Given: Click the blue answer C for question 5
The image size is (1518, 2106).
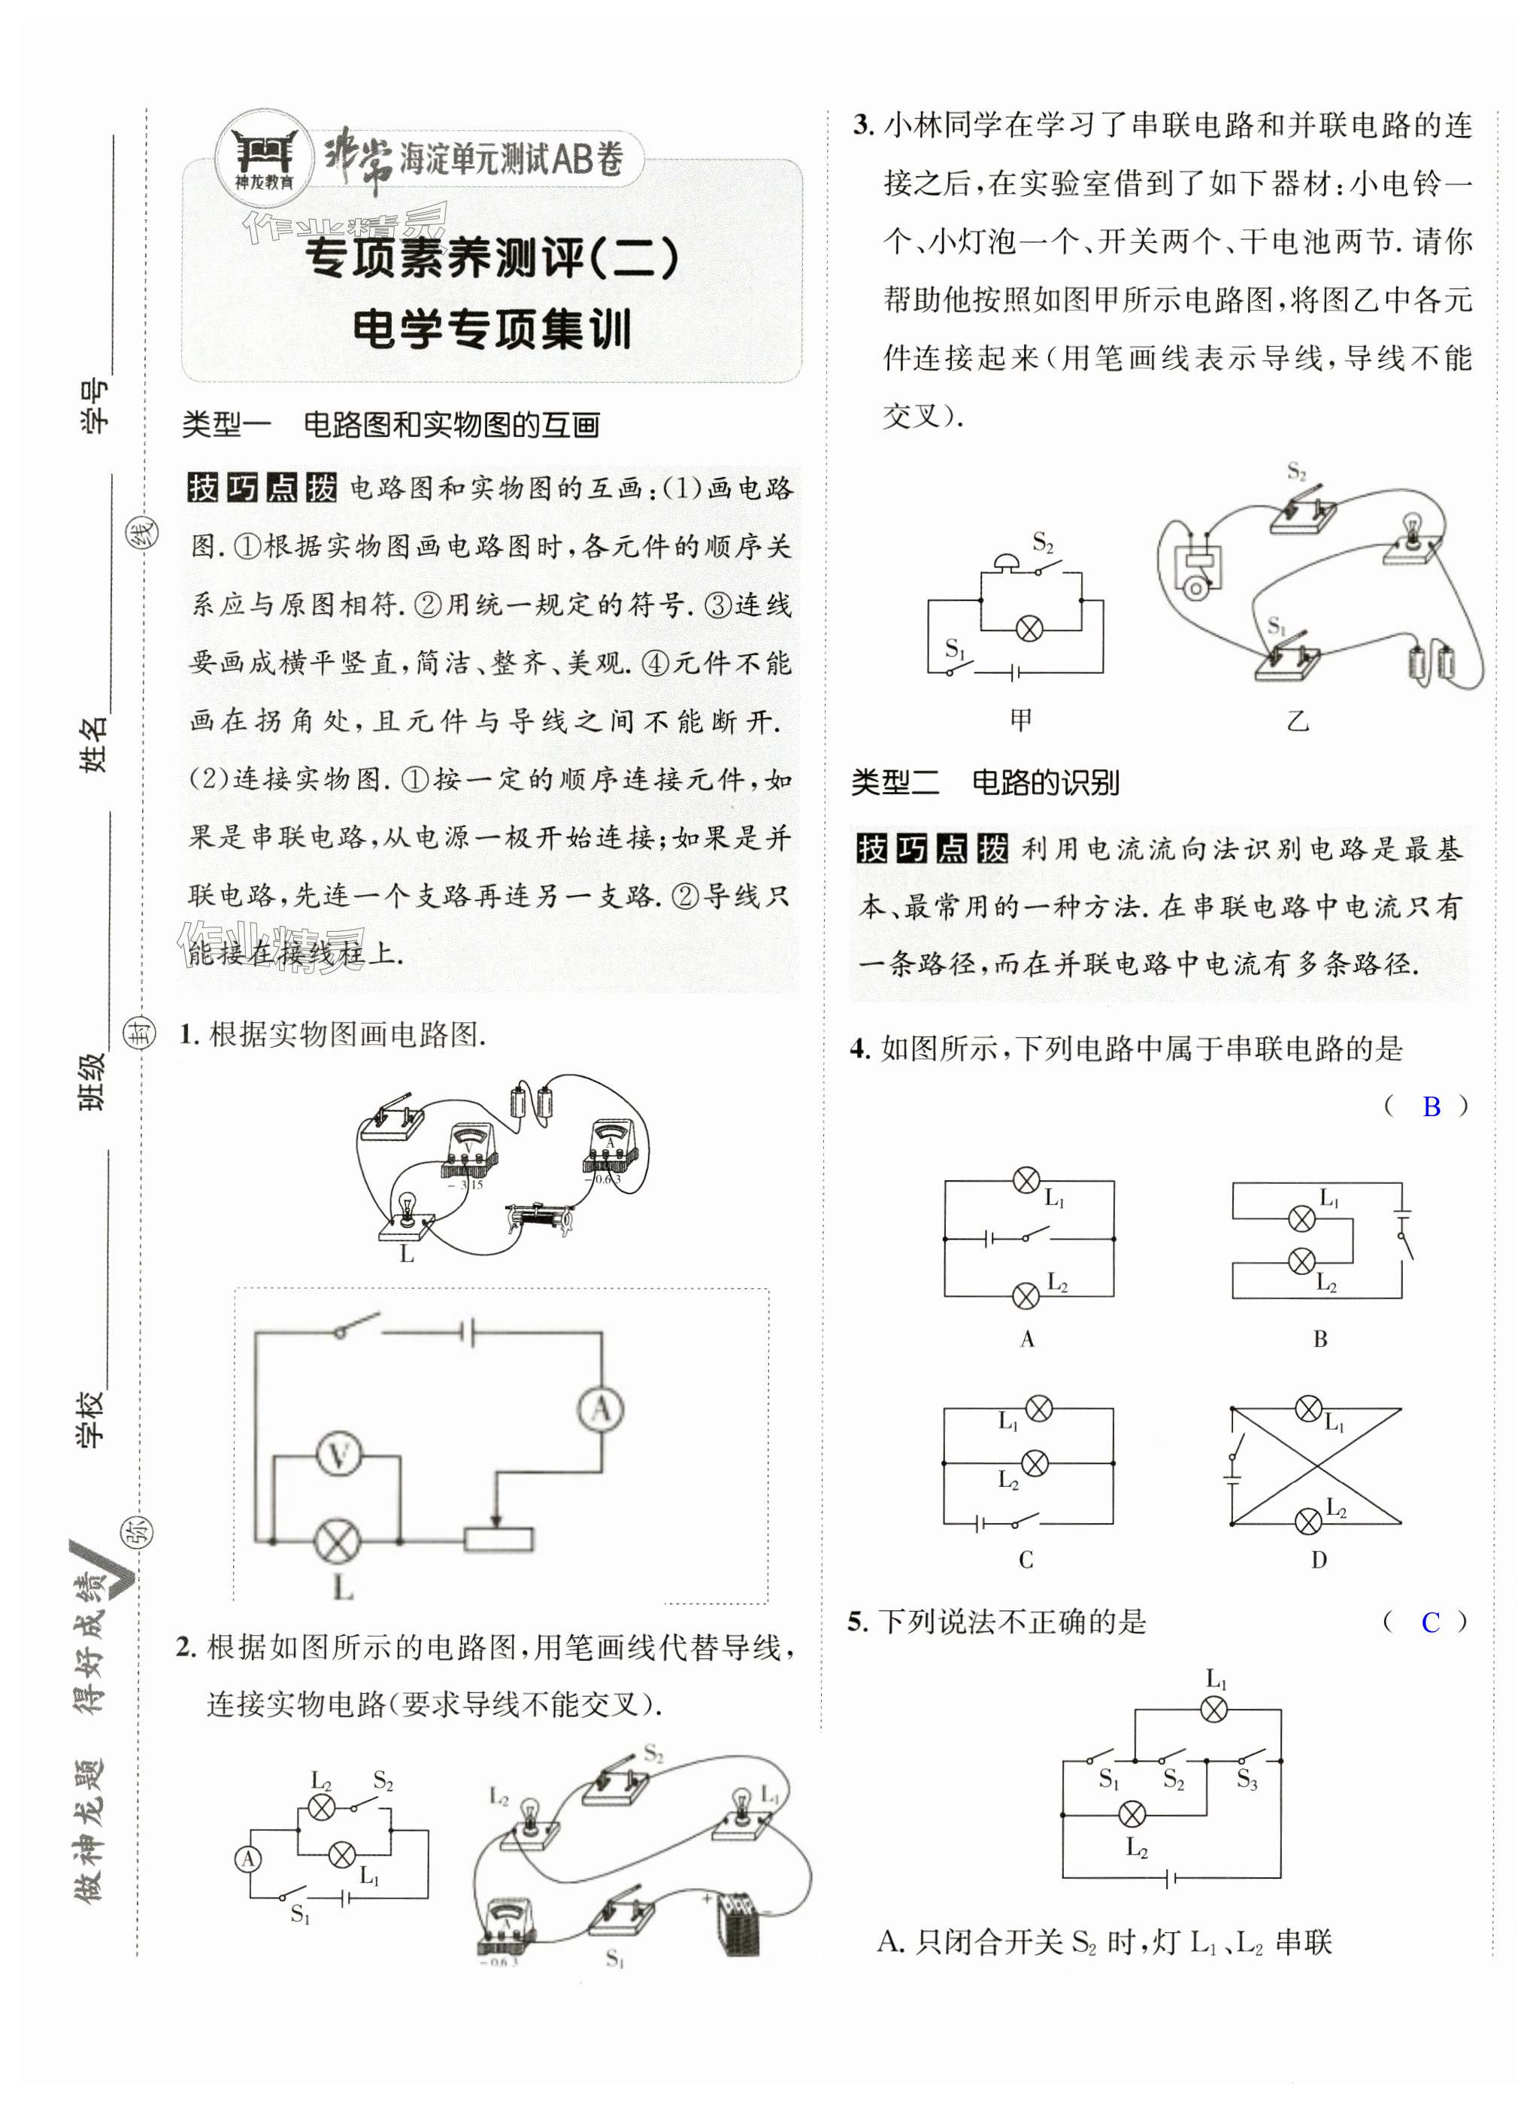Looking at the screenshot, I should pos(1430,1622).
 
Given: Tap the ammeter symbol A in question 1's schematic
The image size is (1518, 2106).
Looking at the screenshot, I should pos(601,1410).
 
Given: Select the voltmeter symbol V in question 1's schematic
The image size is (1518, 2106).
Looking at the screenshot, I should pos(339,1455).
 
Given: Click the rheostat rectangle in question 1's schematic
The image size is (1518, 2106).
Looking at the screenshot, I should pos(498,1540).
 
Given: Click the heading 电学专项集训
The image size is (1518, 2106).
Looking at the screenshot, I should pos(491,329).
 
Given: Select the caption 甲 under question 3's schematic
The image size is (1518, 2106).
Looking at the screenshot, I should pos(1020,720).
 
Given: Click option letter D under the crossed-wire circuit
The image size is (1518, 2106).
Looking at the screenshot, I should pos(1319,1561).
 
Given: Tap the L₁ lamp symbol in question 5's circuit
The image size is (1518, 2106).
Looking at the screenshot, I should pos(1214,1710).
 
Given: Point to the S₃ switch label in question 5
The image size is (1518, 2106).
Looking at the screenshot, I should pos(1247,1779).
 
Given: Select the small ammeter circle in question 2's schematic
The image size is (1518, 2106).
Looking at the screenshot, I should pos(248,1858).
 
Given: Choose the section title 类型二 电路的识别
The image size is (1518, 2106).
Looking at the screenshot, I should pos(984,783).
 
